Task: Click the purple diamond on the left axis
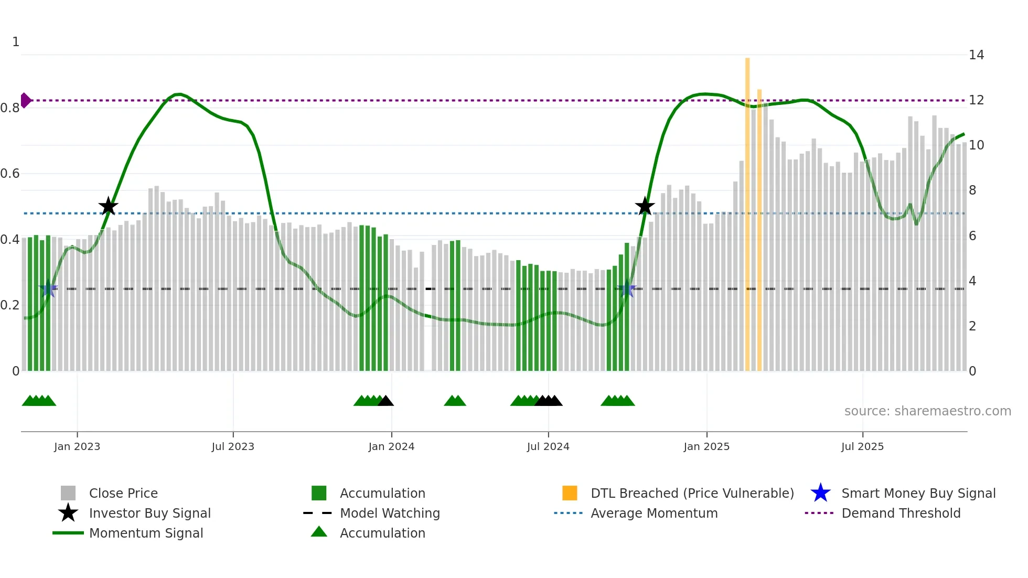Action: coord(25,100)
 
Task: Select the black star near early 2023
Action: coord(108,207)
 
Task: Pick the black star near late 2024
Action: coord(645,207)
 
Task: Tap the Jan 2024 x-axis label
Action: coord(391,446)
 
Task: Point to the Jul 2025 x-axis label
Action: coord(862,446)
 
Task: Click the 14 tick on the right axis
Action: coord(976,55)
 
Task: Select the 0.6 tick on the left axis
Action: coord(10,174)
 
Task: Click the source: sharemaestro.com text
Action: coord(927,411)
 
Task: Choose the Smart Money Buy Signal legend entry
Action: coord(918,493)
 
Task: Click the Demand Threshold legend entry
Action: coord(901,513)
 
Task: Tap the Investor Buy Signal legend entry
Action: coord(149,513)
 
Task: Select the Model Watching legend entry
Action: coord(389,513)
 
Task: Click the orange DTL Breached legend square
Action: coord(570,493)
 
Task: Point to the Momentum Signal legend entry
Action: coord(146,533)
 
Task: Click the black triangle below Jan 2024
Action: coord(385,401)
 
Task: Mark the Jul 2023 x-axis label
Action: coord(233,446)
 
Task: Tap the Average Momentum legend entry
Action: coord(654,513)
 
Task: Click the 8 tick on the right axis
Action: coord(972,190)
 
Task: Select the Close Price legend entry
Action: coord(123,493)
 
